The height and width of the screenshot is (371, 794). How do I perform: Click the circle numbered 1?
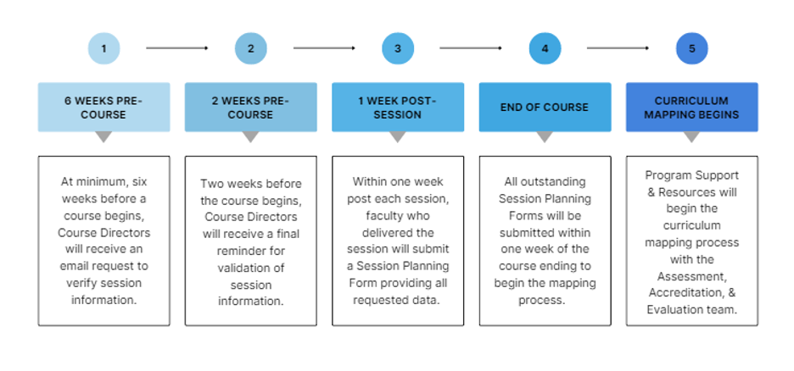click(103, 48)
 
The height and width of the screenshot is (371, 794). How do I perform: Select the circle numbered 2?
click(250, 48)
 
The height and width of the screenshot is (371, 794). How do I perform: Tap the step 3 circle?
click(397, 48)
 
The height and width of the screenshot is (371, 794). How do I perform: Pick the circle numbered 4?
click(545, 48)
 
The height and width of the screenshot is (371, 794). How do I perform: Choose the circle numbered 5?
click(691, 48)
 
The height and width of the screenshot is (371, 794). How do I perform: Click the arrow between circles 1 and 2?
click(176, 48)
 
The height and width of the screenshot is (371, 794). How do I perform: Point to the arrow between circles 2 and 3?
click(323, 48)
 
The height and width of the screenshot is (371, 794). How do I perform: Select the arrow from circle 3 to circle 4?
click(471, 48)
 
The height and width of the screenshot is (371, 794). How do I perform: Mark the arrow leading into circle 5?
click(618, 48)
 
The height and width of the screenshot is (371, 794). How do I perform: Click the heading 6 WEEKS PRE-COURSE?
click(103, 107)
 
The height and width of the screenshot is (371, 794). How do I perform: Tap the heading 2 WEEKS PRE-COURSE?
click(250, 107)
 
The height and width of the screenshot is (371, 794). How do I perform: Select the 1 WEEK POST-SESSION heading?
click(397, 107)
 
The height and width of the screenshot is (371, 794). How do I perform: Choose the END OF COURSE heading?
click(545, 107)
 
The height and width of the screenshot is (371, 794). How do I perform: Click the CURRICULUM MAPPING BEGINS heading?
click(691, 107)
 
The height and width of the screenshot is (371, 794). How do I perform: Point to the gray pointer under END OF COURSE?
click(545, 136)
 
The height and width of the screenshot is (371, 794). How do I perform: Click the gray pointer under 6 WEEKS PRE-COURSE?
click(103, 136)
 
